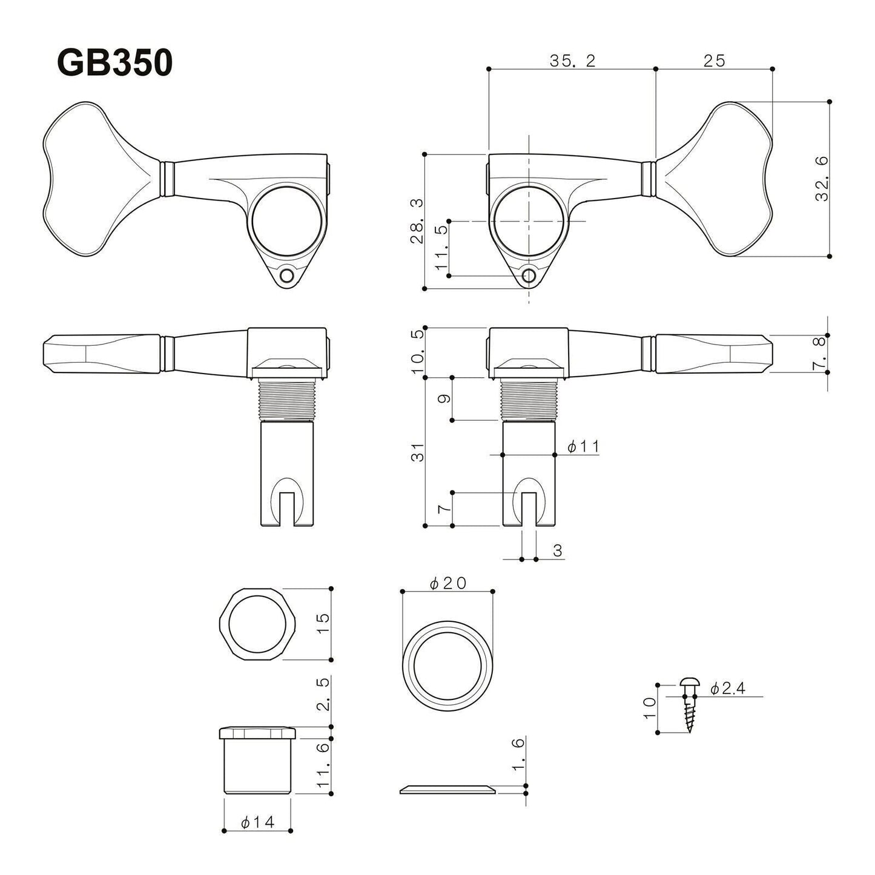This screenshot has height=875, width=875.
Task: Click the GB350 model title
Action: (115, 62)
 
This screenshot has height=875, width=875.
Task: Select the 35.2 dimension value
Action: (572, 61)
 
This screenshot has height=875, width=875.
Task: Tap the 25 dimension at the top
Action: (714, 61)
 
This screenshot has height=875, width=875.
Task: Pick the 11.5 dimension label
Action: (441, 248)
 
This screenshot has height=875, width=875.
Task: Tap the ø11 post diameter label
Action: (583, 447)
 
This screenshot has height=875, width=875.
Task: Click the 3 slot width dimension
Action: (558, 550)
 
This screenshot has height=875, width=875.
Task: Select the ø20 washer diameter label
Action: (447, 583)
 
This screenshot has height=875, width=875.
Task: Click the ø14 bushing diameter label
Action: (257, 822)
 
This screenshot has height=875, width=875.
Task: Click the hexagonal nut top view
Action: (257, 624)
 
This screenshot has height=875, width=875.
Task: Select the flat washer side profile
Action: (447, 788)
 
